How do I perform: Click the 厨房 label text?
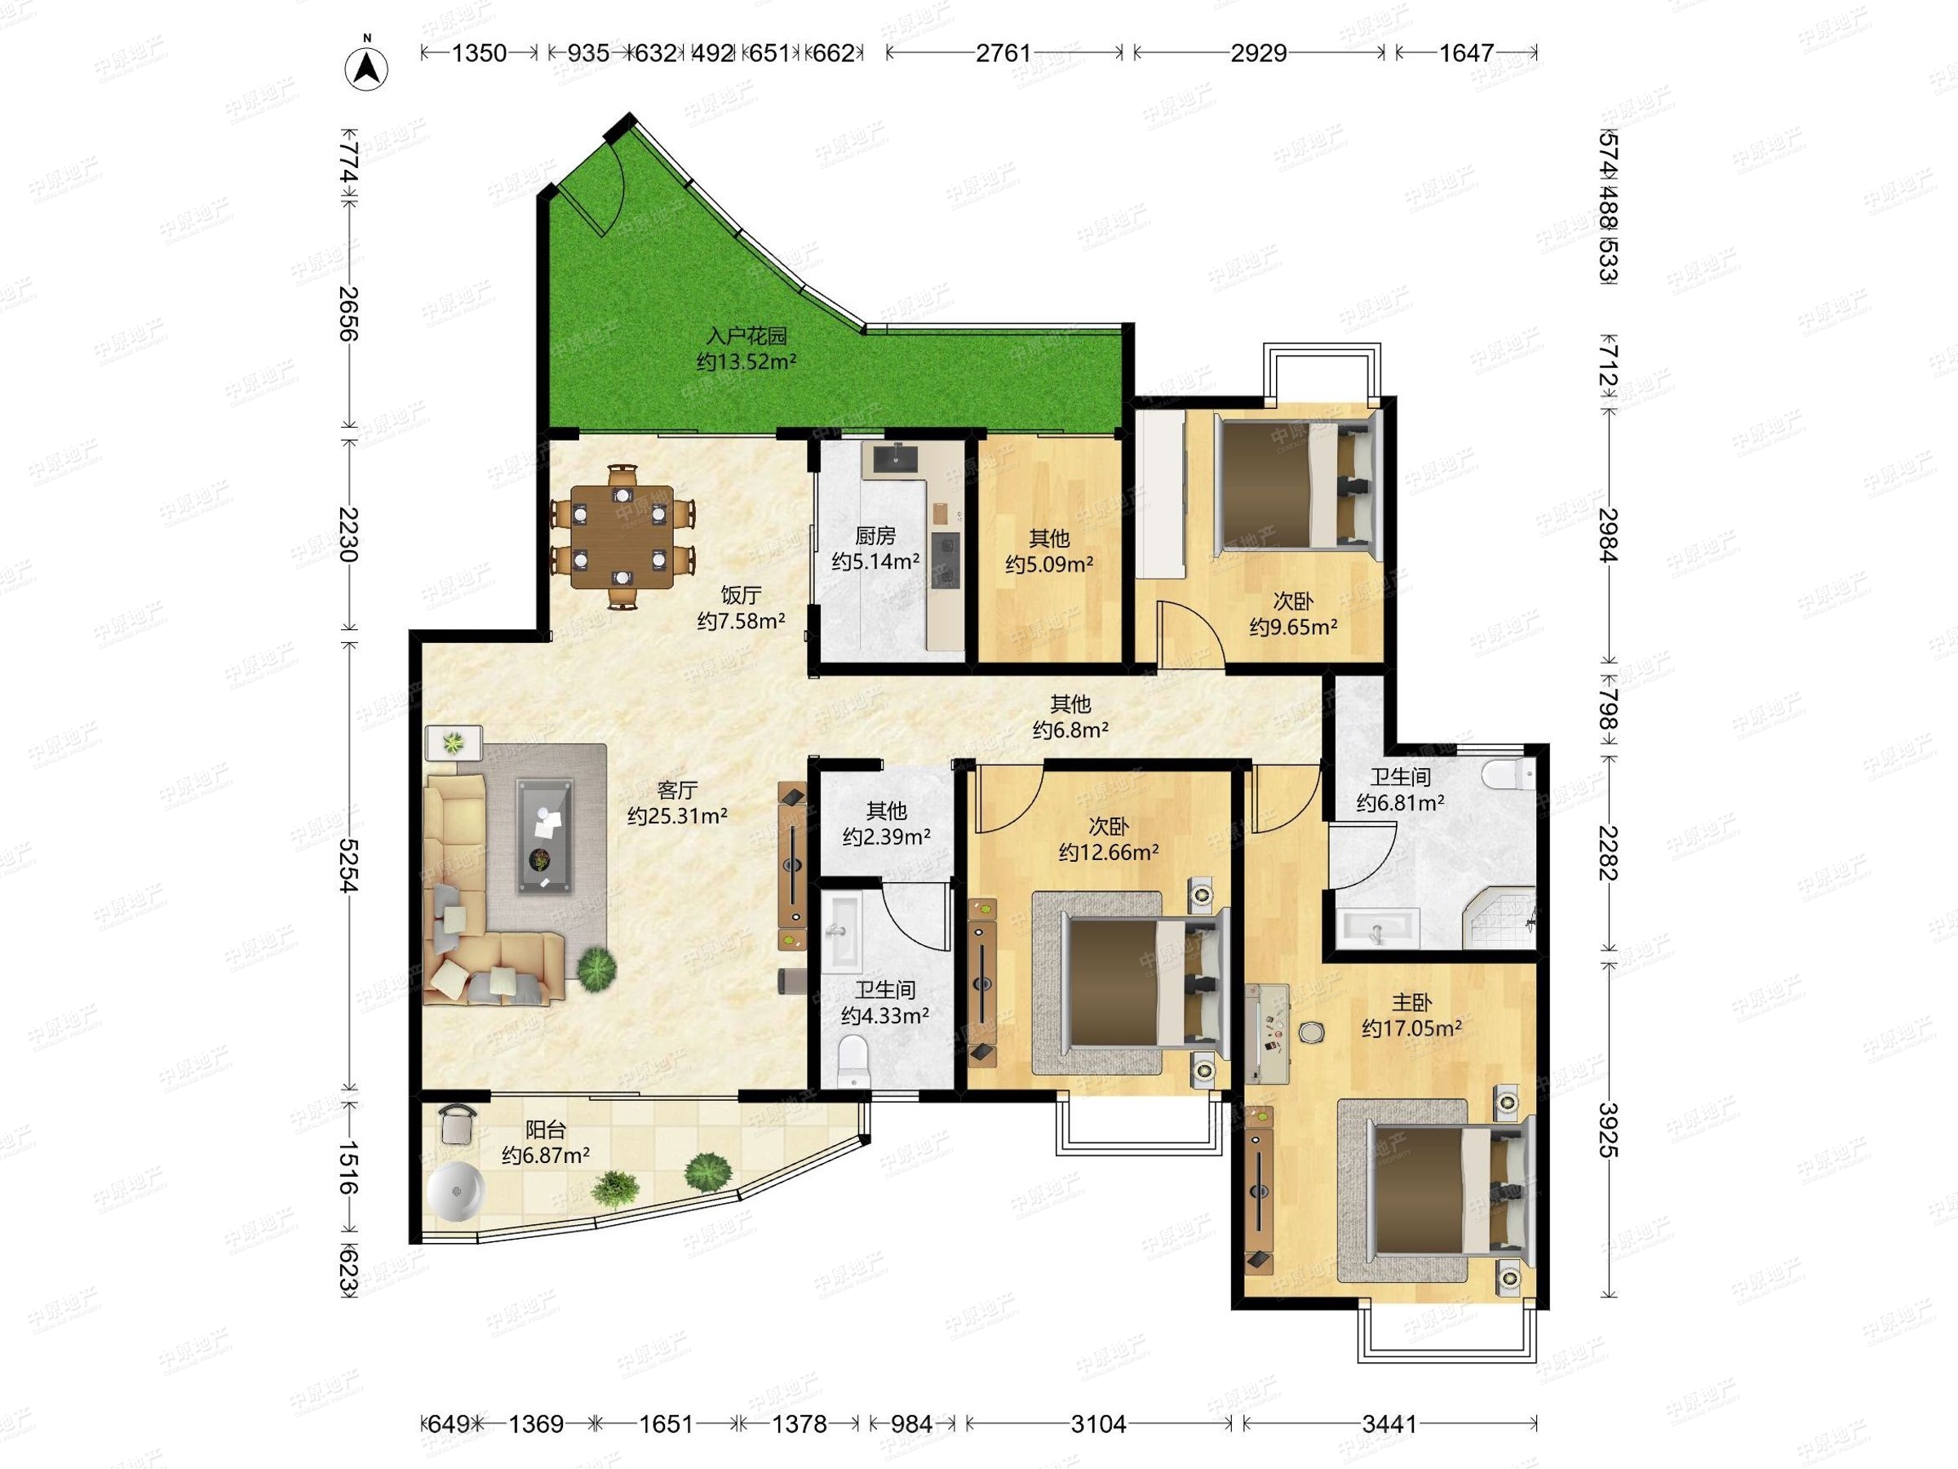click(x=875, y=535)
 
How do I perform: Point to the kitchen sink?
click(x=895, y=459)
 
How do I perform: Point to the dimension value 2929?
click(x=1258, y=53)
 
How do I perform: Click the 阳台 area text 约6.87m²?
click(x=546, y=1155)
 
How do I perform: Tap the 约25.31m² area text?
click(x=677, y=815)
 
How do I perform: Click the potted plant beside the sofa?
click(x=596, y=965)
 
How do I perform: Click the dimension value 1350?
click(x=479, y=53)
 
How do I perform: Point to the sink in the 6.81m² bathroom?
click(x=1376, y=928)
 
